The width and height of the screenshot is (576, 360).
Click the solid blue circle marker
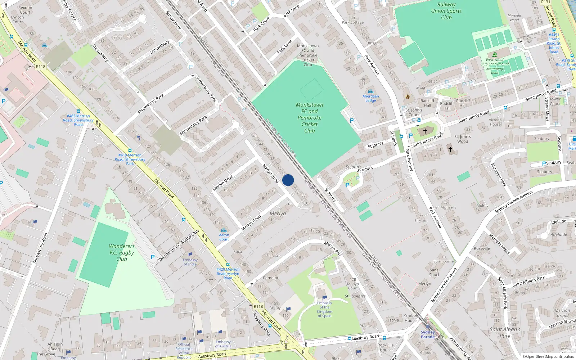(288, 180)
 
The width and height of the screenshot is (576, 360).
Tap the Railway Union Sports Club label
(446, 11)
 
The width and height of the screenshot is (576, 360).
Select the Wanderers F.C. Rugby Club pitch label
(122, 252)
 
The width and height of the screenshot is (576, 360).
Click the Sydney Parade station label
(428, 334)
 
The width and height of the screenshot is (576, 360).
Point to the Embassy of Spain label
(324, 309)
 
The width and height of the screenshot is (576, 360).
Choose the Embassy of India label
(190, 262)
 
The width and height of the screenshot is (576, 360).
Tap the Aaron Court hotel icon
(224, 230)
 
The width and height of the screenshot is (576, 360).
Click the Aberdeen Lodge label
(371, 98)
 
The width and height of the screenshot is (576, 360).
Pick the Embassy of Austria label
(223, 344)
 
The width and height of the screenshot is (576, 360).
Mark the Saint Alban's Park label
(505, 332)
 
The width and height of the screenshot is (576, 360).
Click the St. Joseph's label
(355, 296)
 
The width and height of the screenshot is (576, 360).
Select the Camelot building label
(270, 278)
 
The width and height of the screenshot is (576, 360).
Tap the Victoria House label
(495, 122)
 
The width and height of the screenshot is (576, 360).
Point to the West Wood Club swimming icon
(495, 55)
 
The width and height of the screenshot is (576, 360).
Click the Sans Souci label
(434, 272)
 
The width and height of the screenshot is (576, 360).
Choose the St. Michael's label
(445, 207)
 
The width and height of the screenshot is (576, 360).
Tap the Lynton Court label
(17, 19)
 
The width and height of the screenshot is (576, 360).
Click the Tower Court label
(555, 101)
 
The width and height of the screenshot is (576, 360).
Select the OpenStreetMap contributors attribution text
(550, 357)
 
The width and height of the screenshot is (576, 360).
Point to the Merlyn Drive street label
(223, 183)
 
